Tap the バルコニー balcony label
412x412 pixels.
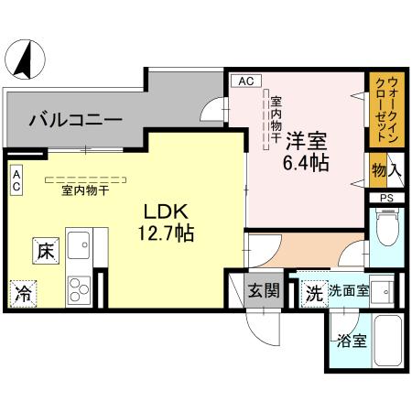point(74,118)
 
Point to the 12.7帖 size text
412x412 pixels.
point(166,233)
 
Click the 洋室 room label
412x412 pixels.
point(306,141)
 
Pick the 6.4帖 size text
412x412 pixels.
point(306,164)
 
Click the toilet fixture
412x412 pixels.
point(385,228)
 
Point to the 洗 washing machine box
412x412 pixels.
point(313,295)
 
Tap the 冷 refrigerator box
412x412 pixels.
point(22,294)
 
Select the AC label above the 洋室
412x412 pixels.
point(244,81)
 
